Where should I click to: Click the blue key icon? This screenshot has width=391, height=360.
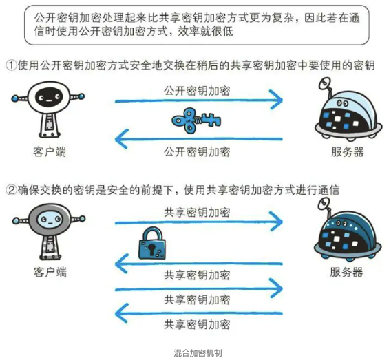[x=196, y=120]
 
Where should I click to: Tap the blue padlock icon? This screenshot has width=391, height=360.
[x=152, y=243]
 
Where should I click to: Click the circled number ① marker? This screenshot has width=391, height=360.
[x=12, y=65]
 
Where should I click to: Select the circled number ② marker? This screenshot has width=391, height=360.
[x=12, y=190]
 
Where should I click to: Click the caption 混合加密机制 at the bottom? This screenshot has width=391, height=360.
[x=198, y=353]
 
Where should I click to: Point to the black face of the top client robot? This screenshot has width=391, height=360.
[x=49, y=98]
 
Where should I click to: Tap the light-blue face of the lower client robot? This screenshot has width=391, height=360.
[x=50, y=220]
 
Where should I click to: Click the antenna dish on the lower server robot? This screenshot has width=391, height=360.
[x=324, y=204]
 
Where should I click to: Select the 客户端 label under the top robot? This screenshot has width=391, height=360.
[x=50, y=152]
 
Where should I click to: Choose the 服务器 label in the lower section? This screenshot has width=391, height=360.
[x=346, y=272]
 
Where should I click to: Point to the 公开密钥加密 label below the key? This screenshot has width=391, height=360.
[x=197, y=152]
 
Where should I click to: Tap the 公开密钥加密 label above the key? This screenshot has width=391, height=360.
[x=197, y=91]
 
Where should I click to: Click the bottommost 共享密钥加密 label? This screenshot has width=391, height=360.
[x=197, y=325]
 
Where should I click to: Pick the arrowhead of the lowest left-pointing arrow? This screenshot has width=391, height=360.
[x=121, y=313]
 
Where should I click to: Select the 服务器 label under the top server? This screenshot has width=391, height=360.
[x=348, y=152]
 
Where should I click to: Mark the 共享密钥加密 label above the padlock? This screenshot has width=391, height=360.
[x=197, y=213]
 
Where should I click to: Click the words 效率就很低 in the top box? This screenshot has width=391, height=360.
[x=206, y=32]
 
